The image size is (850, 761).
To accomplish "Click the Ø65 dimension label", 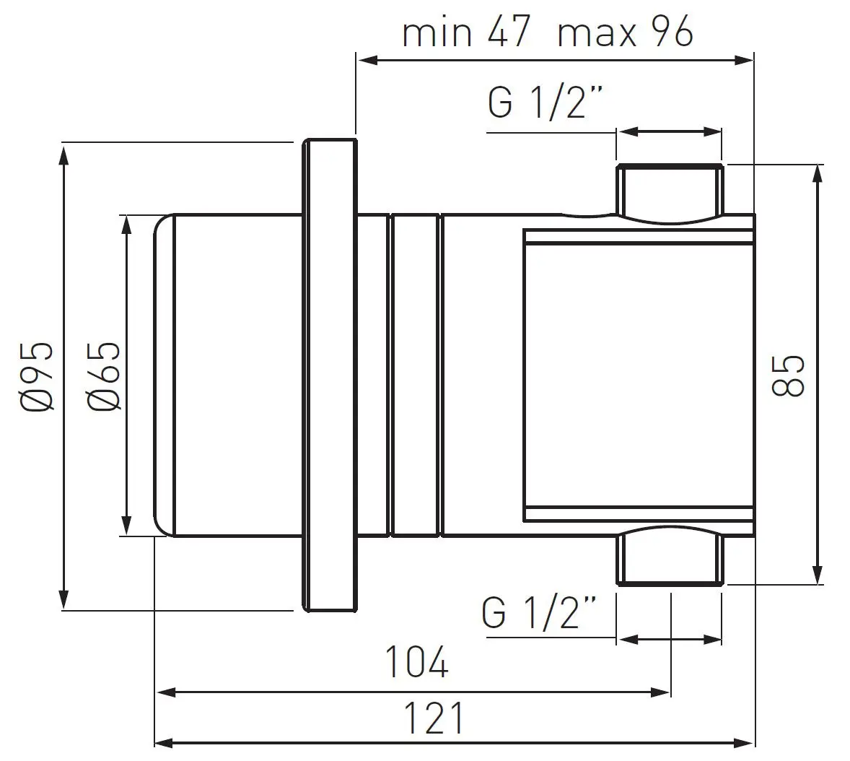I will (102, 376).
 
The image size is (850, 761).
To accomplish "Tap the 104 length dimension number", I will (416, 663).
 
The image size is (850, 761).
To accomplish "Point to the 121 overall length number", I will (434, 718).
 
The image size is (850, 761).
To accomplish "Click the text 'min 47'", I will (466, 33).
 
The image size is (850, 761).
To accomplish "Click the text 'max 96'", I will (625, 33).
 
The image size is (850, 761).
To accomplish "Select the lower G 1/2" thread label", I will (540, 612).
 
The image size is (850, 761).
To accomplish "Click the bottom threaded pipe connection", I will (669, 559).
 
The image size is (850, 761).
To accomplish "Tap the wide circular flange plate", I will (330, 375).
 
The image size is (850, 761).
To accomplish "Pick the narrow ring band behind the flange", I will (414, 375).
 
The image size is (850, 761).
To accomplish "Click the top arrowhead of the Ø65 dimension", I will (127, 223).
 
